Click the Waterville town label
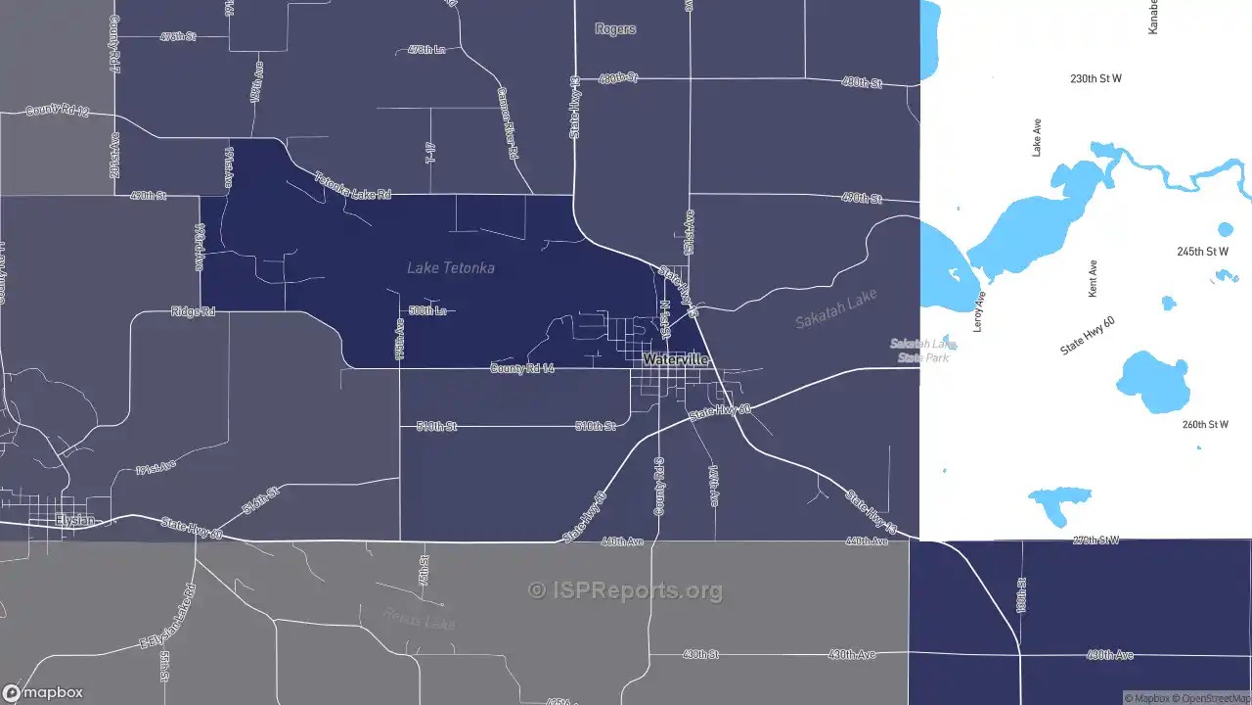[675, 360]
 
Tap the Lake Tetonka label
[451, 267]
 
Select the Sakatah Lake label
[835, 308]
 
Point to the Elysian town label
[75, 520]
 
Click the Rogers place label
[615, 29]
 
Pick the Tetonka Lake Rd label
[352, 186]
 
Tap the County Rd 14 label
[522, 368]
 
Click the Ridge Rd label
[193, 311]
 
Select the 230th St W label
[1095, 78]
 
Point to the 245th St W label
[1202, 252]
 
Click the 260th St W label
[1204, 425]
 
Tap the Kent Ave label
[1094, 279]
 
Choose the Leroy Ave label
[979, 310]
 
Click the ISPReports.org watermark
[626, 590]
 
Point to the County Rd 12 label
[57, 111]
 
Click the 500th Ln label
[427, 310]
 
